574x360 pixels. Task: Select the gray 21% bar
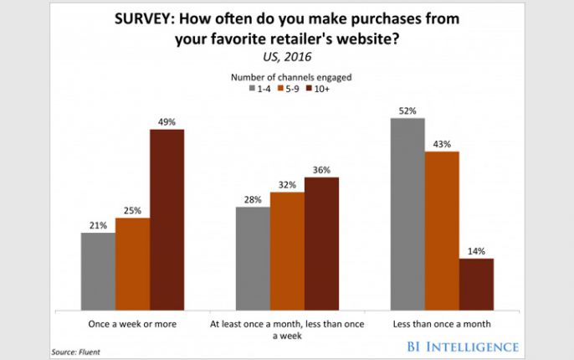[x=98, y=270]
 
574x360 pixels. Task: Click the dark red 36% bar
[x=321, y=243]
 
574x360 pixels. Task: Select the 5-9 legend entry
[x=289, y=87]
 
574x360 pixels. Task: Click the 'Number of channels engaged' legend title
[x=287, y=76]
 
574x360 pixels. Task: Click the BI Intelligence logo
[x=465, y=346]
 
